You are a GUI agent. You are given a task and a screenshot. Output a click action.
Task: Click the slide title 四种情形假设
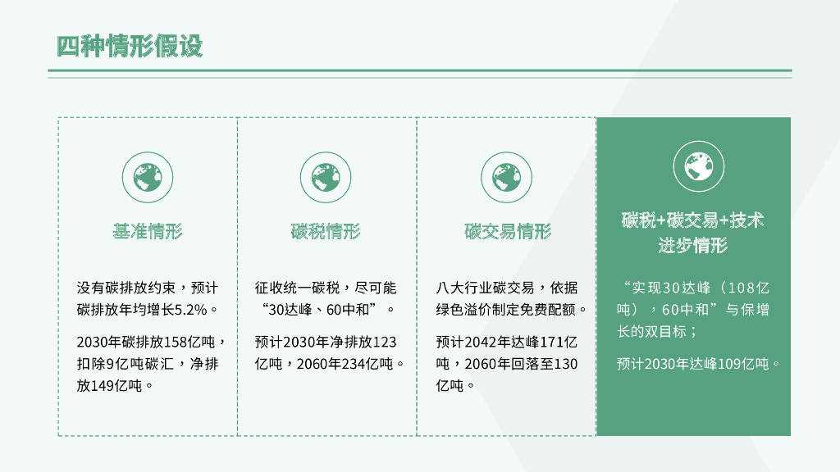tap(129, 47)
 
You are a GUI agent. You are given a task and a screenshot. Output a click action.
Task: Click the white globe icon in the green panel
tap(693, 167)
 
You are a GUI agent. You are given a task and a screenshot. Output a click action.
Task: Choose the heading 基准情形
tap(148, 232)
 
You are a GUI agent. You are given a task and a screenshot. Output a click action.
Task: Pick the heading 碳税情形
tap(326, 232)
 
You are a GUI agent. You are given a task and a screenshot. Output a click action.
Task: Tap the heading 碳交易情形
tap(507, 232)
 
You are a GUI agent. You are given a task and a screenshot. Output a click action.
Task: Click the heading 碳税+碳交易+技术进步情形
tap(693, 233)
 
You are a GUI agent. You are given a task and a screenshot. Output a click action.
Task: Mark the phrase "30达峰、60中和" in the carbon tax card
tap(324, 310)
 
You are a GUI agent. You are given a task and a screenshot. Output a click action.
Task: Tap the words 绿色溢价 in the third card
tap(467, 310)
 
